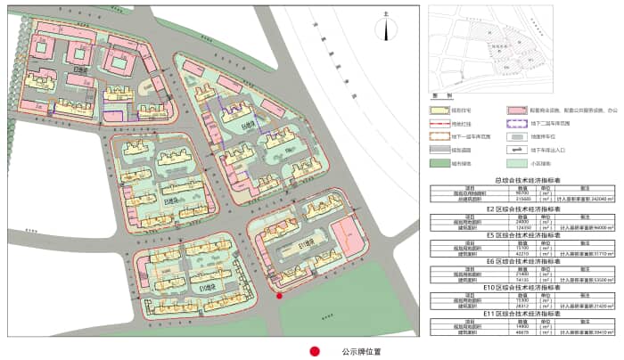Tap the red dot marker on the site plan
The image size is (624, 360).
point(279,296)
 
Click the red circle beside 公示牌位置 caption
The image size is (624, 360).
point(314,351)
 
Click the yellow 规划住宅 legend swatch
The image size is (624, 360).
point(439,110)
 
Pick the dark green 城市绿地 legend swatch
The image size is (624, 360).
point(439,163)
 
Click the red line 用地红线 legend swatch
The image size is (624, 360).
point(439,123)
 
